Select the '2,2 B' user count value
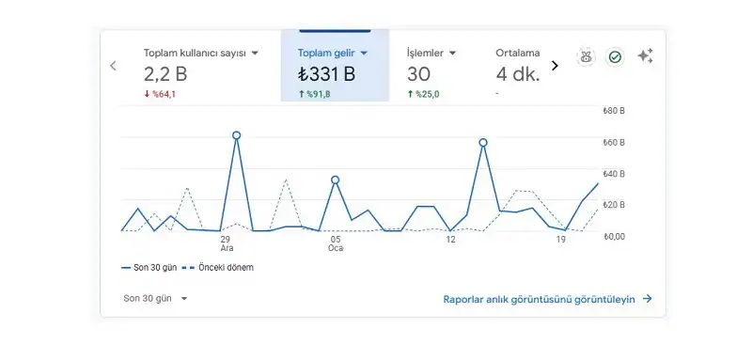[166, 74]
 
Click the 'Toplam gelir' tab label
[327, 53]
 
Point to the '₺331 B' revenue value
[326, 74]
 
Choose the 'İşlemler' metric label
[425, 53]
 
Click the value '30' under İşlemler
[419, 74]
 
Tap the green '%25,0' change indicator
[423, 94]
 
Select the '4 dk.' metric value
[518, 74]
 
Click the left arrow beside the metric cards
[114, 66]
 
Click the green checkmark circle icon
[615, 57]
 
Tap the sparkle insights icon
[645, 56]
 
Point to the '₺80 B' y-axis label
[614, 111]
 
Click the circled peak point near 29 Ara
[236, 135]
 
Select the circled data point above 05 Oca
[335, 180]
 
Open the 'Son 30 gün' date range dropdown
[155, 298]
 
